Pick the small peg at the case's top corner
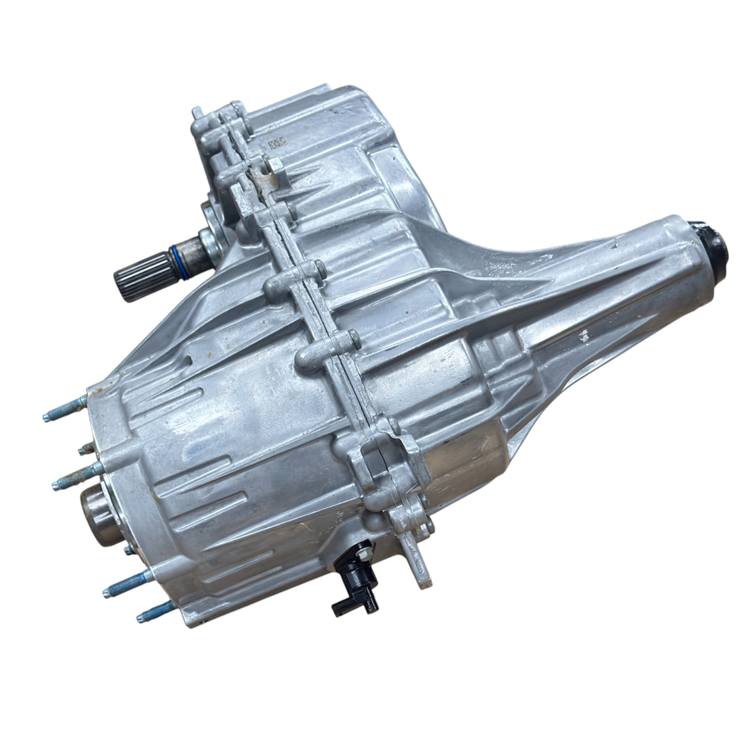(212, 115)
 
